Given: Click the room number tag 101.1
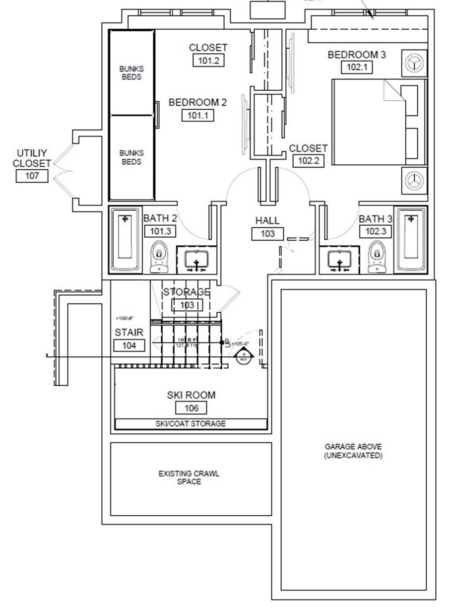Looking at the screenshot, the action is [x=197, y=115].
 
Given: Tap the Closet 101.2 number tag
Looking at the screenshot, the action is [x=208, y=60].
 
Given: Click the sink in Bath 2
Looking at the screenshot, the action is [x=197, y=259].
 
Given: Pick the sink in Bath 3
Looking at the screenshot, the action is [x=339, y=260].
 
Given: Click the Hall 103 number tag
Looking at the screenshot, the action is [x=267, y=233].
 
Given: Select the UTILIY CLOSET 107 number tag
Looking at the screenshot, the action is [x=32, y=175].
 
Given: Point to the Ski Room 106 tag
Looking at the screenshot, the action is [x=191, y=408].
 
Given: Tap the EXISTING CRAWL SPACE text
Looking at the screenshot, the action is [x=189, y=477].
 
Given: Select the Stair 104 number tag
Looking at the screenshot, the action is [x=129, y=345].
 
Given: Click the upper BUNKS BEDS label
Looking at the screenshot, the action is [x=131, y=73].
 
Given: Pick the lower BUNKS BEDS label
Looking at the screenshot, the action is [x=131, y=157].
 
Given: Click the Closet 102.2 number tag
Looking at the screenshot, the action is [x=308, y=160].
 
